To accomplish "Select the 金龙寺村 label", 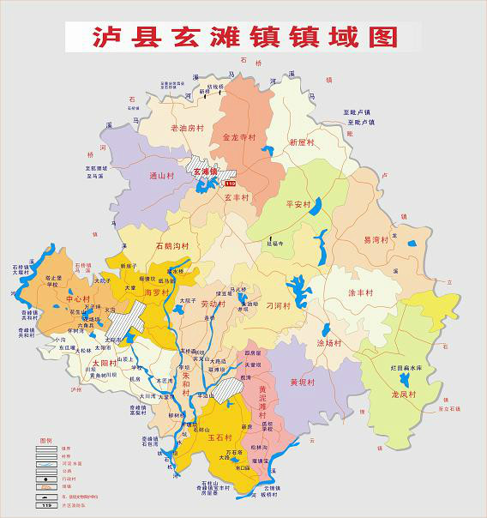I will (239, 137).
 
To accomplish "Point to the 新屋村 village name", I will (303, 142).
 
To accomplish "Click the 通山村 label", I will (162, 176).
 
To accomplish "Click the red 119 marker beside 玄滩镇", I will (229, 184).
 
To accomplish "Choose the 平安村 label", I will (298, 205).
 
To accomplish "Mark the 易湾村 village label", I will (376, 240).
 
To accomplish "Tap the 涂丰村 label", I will (360, 292).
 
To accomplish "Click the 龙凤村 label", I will (402, 395).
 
